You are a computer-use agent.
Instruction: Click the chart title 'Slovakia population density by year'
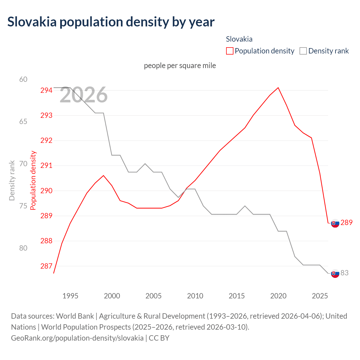point(111,22)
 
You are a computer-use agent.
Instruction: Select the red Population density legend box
point(230,51)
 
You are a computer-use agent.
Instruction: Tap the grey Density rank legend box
point(303,51)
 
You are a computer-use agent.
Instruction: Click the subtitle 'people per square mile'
point(180,66)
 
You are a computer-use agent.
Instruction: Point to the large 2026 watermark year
point(84,95)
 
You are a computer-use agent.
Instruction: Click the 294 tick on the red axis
point(46,90)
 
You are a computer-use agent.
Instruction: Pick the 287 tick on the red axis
point(46,266)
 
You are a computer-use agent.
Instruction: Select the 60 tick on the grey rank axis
point(23,79)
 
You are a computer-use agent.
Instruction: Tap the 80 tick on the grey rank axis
point(23,248)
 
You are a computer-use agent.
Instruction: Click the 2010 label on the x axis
point(195,296)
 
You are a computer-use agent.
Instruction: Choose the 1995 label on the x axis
point(70,296)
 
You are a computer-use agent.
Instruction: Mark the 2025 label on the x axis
point(320,296)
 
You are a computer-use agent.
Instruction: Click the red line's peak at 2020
point(278,87)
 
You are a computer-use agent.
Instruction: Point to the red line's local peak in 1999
point(103,175)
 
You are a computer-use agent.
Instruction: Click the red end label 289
point(346,222)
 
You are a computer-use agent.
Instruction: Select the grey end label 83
point(345,273)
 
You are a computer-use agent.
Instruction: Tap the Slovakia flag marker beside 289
point(335,223)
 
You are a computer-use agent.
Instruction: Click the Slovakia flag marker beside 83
point(335,273)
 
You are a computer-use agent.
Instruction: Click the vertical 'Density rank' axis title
point(12,181)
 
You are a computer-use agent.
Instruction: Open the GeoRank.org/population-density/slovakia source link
point(77,338)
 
